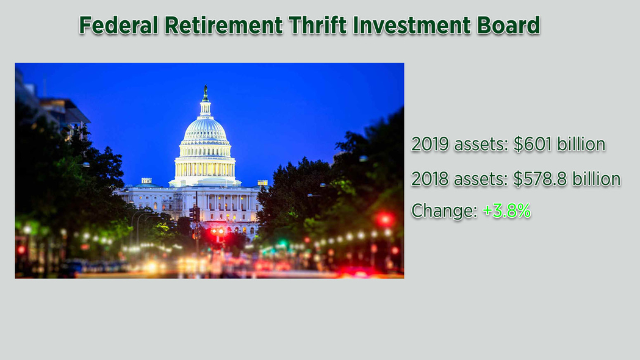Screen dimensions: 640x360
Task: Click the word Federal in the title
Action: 118,25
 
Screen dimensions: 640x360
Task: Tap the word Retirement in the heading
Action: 223,25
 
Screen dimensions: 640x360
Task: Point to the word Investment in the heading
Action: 411,25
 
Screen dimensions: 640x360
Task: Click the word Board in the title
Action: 509,25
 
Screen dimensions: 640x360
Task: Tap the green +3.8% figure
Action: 506,211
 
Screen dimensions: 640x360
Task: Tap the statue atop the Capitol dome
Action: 206,93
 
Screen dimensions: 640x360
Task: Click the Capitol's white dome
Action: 206,130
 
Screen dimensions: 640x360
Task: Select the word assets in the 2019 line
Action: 481,145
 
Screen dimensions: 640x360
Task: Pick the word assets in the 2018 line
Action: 481,179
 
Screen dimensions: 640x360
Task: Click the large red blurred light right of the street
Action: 385,219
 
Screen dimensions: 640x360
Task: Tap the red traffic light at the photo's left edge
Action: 21,250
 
